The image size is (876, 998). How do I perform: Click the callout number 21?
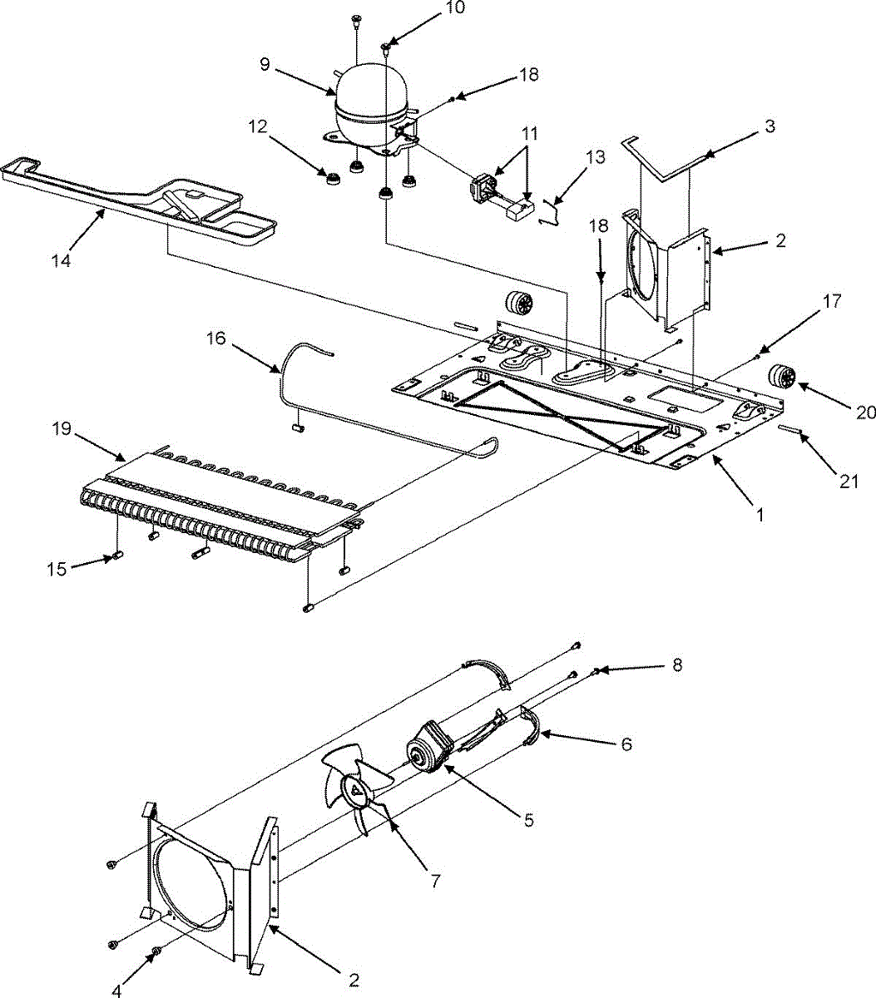pyautogui.click(x=848, y=481)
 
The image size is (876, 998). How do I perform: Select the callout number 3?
pyautogui.click(x=770, y=126)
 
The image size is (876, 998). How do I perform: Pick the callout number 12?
pyautogui.click(x=257, y=126)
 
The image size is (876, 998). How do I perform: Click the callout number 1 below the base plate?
pyautogui.click(x=757, y=514)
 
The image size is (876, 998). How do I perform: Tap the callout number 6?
pyautogui.click(x=626, y=744)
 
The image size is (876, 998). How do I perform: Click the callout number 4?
pyautogui.click(x=116, y=991)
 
